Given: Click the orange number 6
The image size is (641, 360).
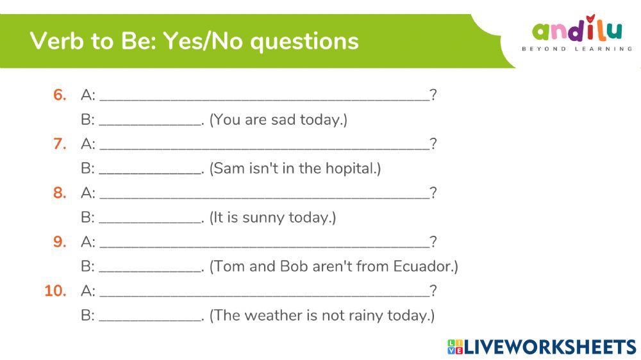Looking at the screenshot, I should click(x=60, y=95).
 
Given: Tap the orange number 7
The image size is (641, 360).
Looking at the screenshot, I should click(x=60, y=143).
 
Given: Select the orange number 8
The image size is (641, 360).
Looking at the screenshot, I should click(x=60, y=193).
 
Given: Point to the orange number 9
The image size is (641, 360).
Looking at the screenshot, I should click(x=60, y=241).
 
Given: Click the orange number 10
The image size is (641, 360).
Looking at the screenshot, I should click(x=56, y=291).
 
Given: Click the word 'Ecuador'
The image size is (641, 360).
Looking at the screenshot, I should click(x=423, y=266).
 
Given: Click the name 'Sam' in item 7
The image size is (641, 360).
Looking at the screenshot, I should click(x=228, y=169).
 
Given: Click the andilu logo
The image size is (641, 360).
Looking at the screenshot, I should click(x=577, y=30).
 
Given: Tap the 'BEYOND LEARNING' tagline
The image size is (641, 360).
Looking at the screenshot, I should click(x=577, y=49).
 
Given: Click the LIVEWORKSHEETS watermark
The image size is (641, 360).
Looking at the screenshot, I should click(x=542, y=347).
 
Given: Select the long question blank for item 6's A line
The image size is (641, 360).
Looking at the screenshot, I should click(x=264, y=97).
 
